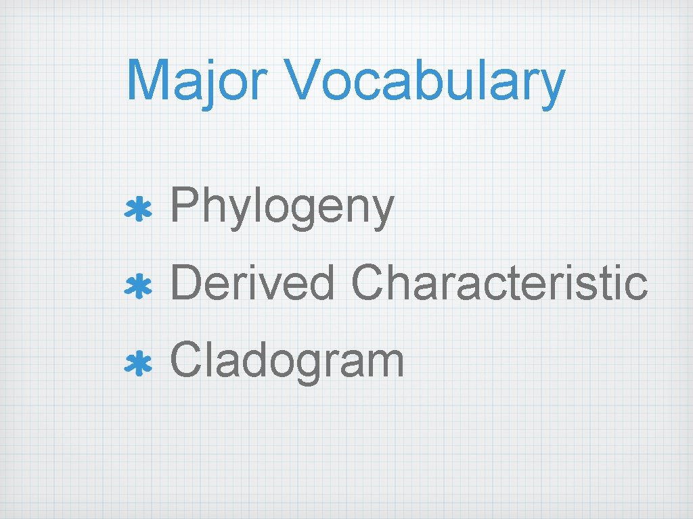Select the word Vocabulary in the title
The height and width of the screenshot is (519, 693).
click(425, 81)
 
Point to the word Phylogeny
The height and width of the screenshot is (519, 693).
click(282, 208)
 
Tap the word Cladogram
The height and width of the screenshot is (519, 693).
click(287, 362)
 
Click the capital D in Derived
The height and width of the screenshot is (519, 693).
click(184, 282)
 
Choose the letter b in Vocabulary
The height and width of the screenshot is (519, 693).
click(407, 79)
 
